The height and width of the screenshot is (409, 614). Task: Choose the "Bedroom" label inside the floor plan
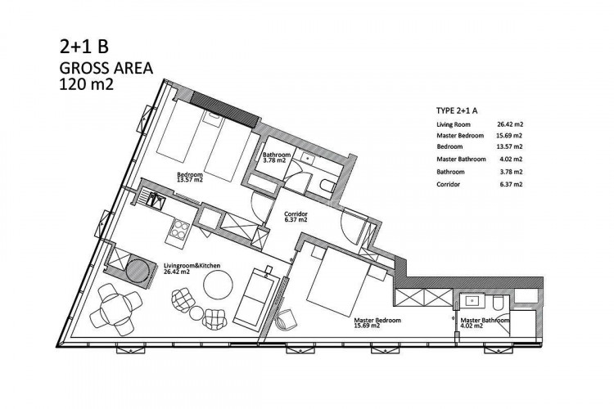pyautogui.click(x=190, y=175)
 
